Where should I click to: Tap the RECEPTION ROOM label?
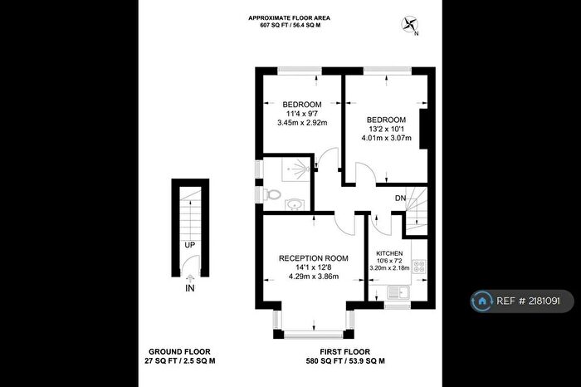click(x=312, y=257)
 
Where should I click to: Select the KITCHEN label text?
click(x=389, y=252)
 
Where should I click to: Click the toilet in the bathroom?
click(x=273, y=193)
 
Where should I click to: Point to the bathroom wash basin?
click(x=293, y=202)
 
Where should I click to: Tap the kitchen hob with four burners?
click(x=420, y=267)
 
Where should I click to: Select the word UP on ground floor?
click(x=189, y=245)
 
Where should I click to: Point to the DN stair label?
click(x=400, y=198)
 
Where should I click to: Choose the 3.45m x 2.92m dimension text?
click(x=302, y=124)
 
